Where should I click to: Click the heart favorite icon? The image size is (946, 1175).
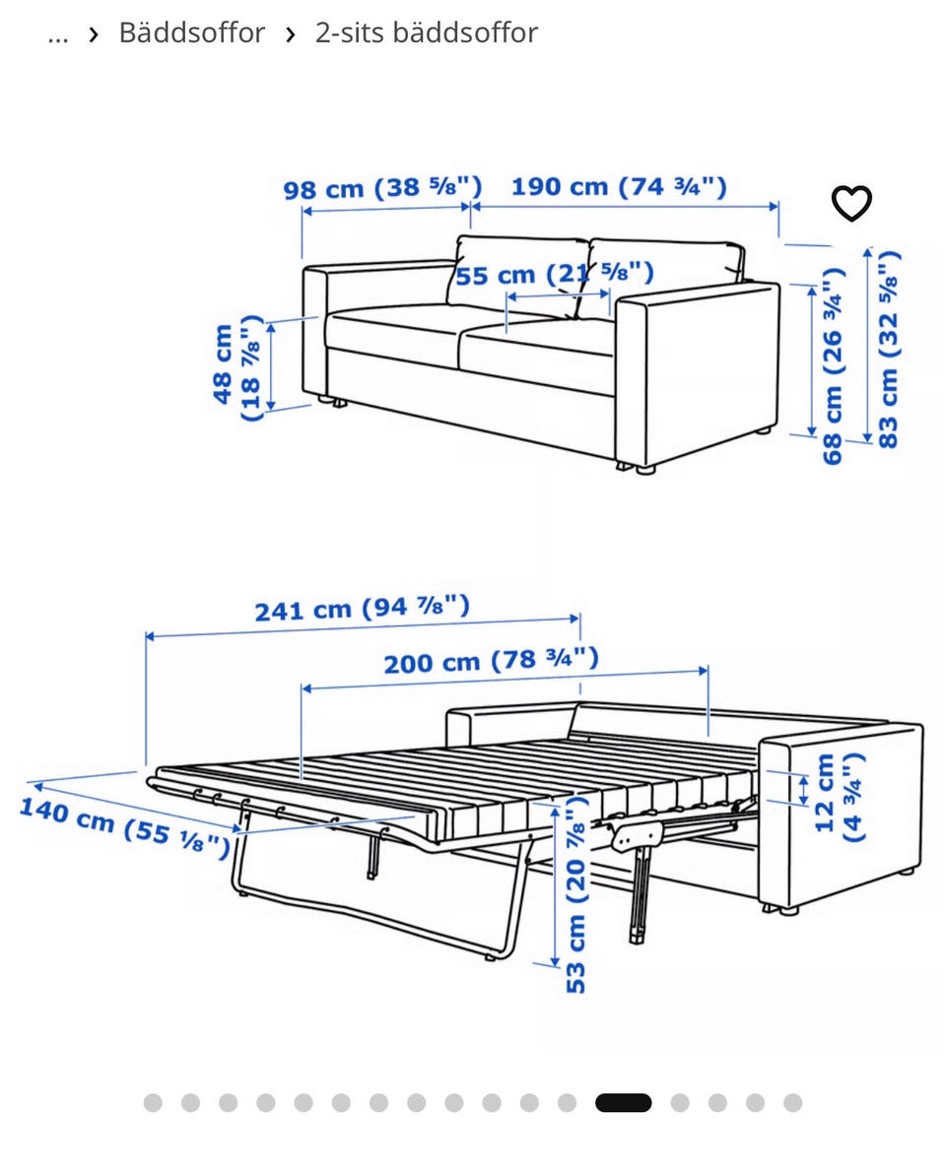[851, 203]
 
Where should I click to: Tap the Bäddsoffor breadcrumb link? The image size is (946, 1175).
[192, 33]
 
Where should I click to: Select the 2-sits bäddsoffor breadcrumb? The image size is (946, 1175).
[426, 33]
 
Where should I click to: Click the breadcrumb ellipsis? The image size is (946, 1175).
[58, 36]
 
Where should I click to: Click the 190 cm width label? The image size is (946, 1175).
[619, 186]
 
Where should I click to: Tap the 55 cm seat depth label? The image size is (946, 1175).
[555, 274]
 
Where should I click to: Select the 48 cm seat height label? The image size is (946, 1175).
[236, 366]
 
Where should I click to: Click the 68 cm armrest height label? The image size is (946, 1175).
[832, 365]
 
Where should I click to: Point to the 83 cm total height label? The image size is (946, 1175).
[887, 349]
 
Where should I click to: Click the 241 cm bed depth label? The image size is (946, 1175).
[362, 609]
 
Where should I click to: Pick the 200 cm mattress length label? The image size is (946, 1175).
[491, 661]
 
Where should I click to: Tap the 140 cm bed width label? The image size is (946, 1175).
[124, 827]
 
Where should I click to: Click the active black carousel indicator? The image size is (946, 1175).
[623, 1103]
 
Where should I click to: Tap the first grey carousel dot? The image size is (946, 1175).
[153, 1103]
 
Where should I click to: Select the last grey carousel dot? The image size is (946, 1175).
[793, 1103]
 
